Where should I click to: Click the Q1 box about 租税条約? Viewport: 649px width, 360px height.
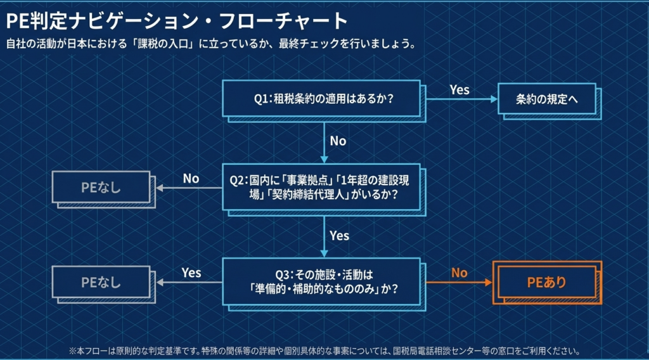click(322, 99)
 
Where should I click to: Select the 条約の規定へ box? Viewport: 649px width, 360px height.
click(546, 99)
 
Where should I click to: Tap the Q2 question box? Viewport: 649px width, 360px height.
click(322, 187)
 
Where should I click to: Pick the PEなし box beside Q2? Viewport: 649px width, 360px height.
click(101, 188)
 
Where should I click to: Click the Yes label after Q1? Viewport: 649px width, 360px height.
click(459, 90)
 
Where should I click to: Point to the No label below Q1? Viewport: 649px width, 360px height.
click(338, 141)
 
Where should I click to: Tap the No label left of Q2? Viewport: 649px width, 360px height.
click(191, 179)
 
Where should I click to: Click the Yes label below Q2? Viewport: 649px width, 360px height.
click(339, 236)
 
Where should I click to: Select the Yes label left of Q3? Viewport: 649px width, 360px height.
click(191, 273)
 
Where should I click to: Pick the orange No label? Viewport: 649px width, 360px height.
click(459, 273)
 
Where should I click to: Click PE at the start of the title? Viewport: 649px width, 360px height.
click(17, 21)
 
